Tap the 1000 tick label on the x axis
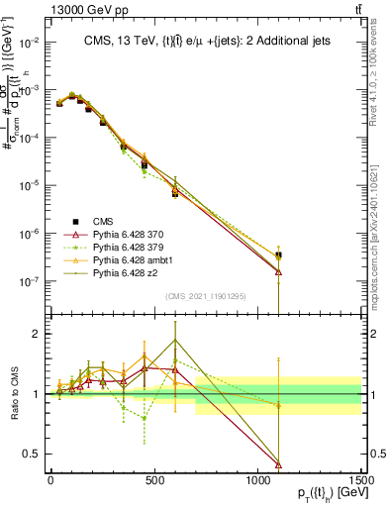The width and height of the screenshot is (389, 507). pyautogui.click(x=257, y=479)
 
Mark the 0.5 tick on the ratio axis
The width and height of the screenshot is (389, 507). pyautogui.click(x=35, y=454)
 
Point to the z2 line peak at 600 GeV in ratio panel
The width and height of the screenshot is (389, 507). pyautogui.click(x=175, y=340)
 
